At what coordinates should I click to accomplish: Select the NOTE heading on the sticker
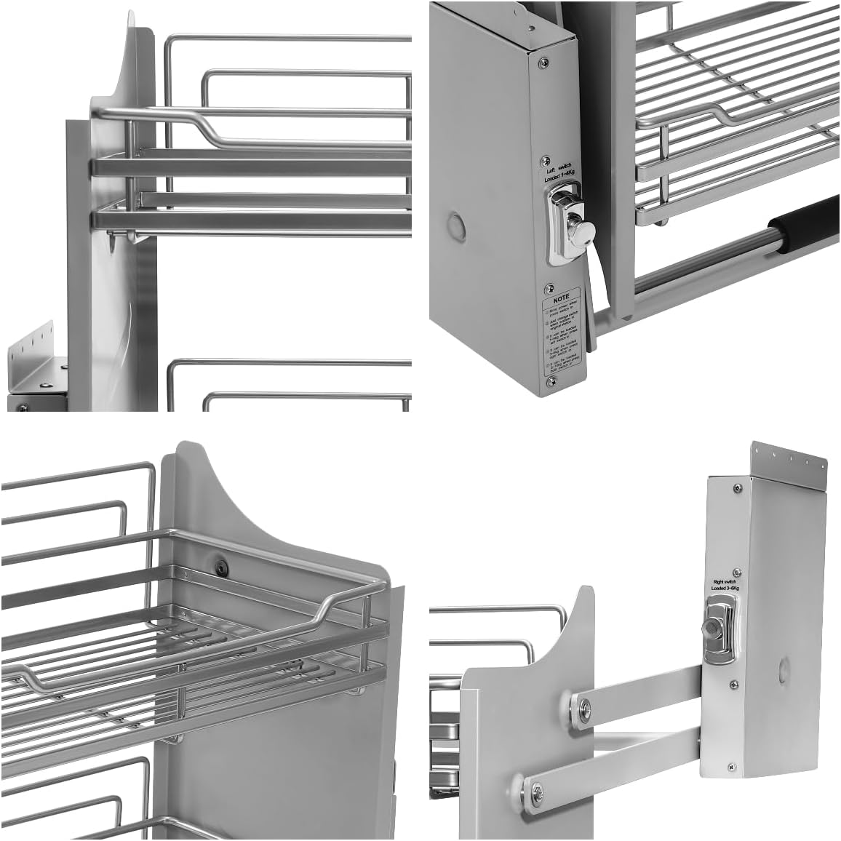[561, 298]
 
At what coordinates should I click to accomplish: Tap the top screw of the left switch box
[543, 64]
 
